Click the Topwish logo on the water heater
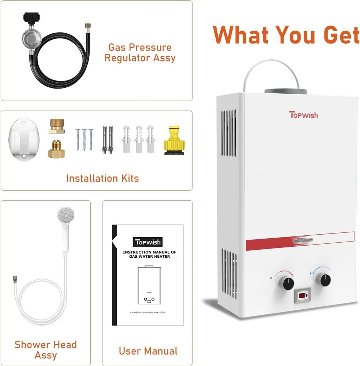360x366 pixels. [x=303, y=115]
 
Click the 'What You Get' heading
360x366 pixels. [x=286, y=35]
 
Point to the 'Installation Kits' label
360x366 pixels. [x=102, y=179]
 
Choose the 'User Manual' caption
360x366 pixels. [x=148, y=351]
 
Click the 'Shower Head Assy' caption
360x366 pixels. [x=46, y=350]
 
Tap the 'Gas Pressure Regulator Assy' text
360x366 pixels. [x=140, y=53]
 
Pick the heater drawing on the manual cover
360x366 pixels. [x=149, y=286]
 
